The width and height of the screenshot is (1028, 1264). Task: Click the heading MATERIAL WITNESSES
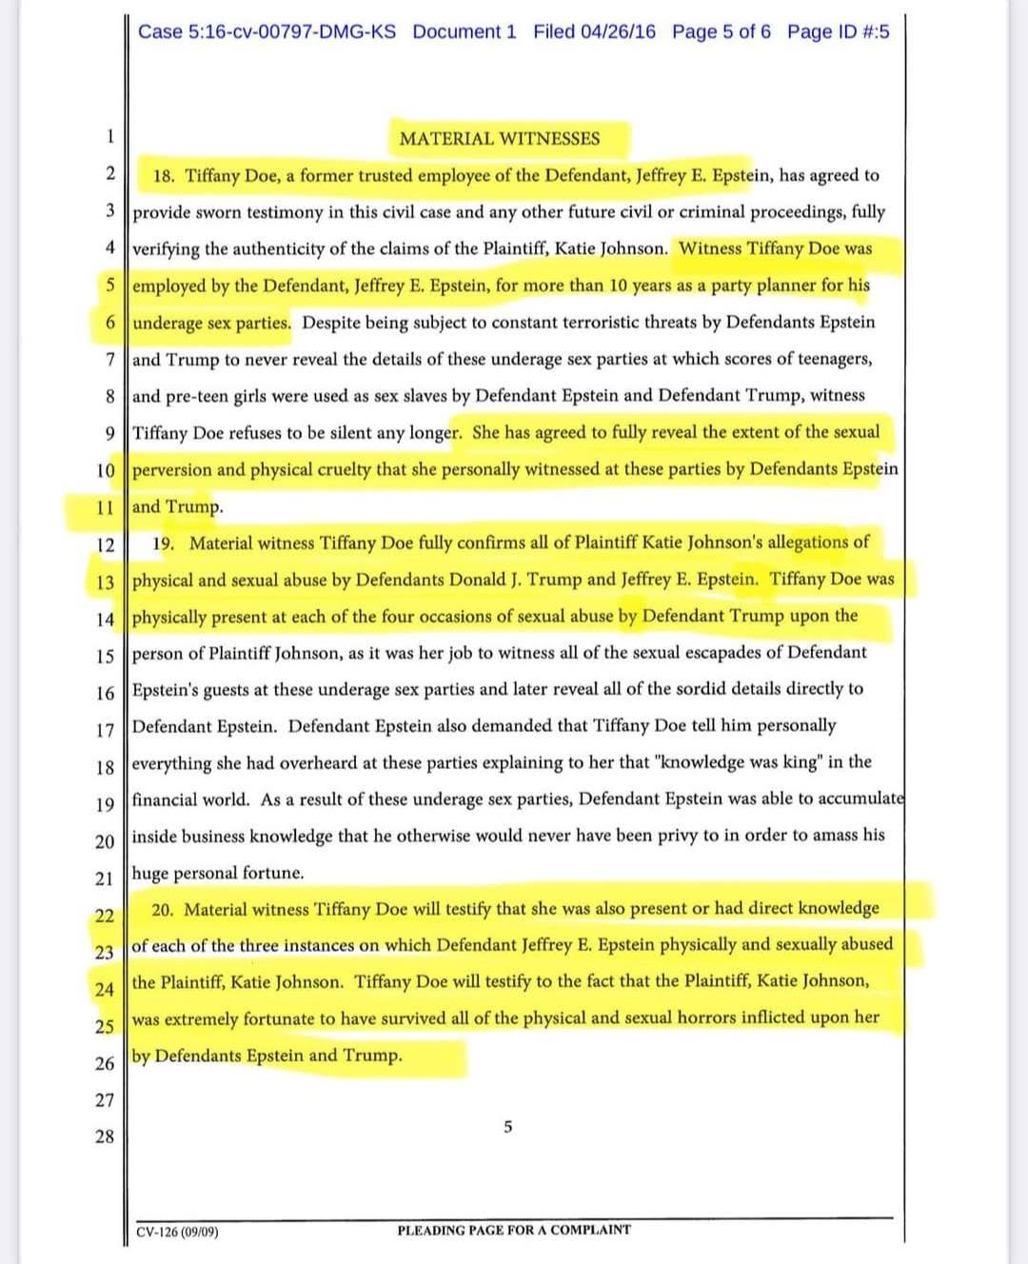pos(499,139)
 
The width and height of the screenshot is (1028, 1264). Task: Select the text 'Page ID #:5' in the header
pos(838,31)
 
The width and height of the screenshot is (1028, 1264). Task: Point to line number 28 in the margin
pos(104,1136)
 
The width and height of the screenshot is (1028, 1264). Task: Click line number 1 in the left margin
pos(109,136)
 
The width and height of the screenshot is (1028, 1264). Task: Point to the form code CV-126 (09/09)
pos(177,1232)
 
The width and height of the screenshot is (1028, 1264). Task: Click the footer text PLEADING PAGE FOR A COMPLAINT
pos(513,1230)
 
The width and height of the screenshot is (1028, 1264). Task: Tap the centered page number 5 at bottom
pos(507,1128)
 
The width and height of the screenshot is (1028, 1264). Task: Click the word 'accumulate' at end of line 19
pos(862,799)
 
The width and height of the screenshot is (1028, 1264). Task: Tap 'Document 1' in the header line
pos(465,31)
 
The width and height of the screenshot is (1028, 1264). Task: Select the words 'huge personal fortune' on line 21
pos(218,873)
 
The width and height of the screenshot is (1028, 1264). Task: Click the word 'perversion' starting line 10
pos(171,470)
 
